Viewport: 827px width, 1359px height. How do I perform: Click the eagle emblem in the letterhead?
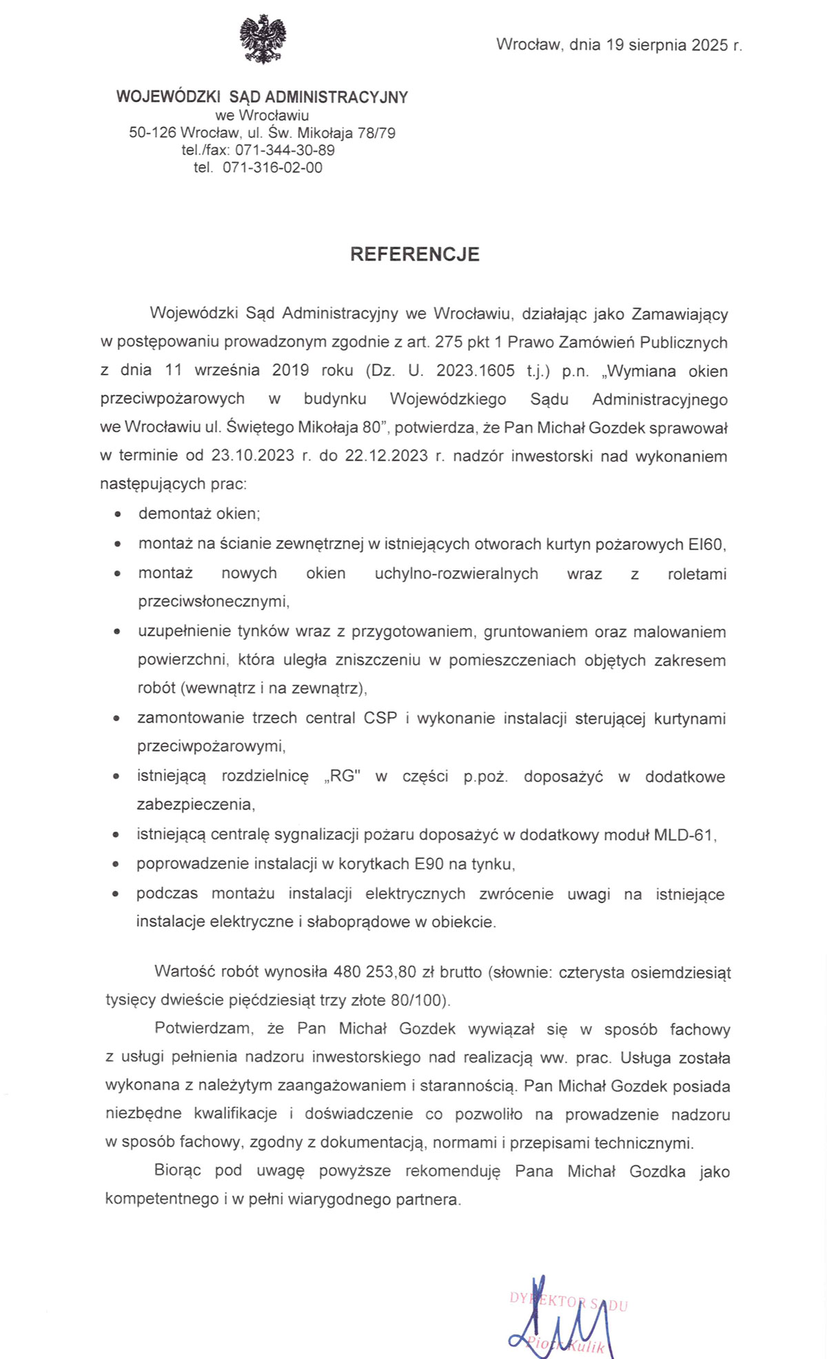(263, 40)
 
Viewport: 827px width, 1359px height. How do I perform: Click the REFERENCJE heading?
(414, 254)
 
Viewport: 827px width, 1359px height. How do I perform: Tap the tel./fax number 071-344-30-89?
(285, 150)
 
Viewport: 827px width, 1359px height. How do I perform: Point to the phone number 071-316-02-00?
(272, 168)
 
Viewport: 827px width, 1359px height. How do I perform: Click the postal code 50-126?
(152, 133)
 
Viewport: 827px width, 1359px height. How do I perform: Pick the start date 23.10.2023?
(252, 456)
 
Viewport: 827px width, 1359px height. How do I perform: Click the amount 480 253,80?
(375, 972)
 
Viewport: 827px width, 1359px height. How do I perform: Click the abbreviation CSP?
(380, 718)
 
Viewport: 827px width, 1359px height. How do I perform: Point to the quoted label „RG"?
(342, 776)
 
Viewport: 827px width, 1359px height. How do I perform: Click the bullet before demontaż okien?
(120, 514)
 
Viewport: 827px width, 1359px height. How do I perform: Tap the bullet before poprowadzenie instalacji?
(117, 865)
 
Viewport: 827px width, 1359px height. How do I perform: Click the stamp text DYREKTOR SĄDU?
(569, 1301)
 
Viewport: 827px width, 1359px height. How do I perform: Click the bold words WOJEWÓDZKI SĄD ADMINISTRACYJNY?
(262, 97)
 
